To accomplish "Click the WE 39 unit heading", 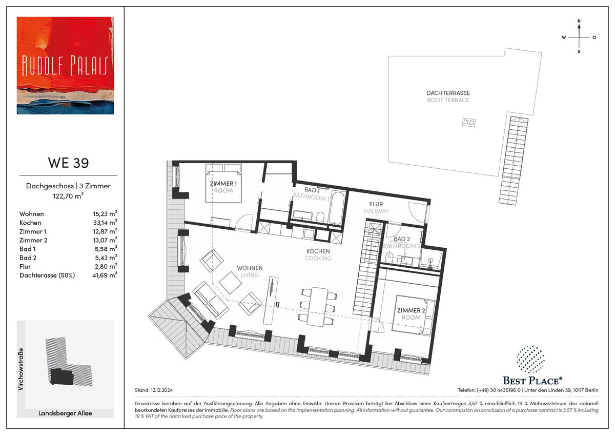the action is [68, 163].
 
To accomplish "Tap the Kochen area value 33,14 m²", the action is [105, 222].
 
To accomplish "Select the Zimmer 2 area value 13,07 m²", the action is [105, 240].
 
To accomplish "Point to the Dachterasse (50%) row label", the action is [47, 275].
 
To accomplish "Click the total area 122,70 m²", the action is [68, 196].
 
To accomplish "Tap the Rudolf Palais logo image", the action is [66, 65].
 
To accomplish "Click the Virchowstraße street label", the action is [21, 369].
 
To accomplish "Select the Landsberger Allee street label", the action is [65, 413].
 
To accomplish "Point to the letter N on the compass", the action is [579, 21].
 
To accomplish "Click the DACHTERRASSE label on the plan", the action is [448, 93].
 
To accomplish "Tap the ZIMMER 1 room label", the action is [223, 184].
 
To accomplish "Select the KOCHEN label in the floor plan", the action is [318, 251].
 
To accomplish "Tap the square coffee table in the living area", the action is [230, 283].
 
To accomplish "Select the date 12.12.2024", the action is [162, 390].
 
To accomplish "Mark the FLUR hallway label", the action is [376, 205].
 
